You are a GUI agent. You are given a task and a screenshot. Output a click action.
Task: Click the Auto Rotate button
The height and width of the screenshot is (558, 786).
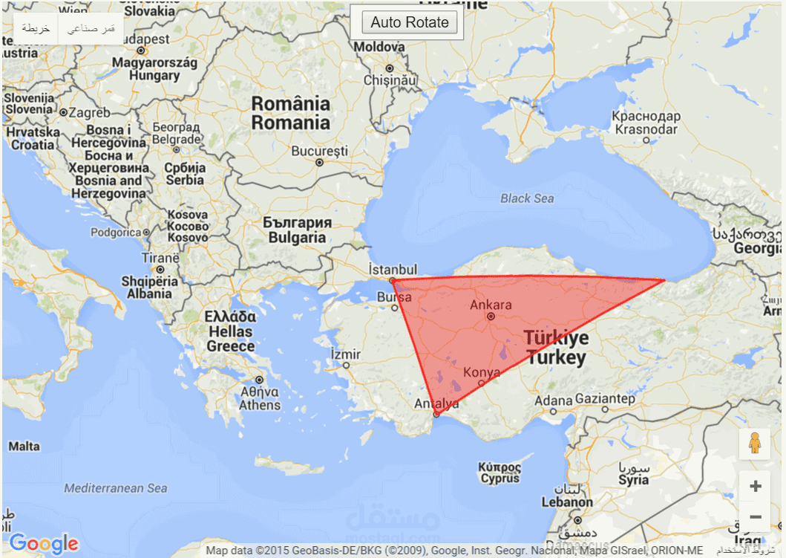click(410, 22)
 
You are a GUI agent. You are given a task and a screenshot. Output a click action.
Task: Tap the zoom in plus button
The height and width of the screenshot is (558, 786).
click(756, 487)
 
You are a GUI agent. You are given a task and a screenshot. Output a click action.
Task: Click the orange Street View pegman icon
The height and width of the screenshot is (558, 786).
click(755, 443)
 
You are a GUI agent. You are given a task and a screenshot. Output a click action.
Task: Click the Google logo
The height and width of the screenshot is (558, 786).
click(44, 544)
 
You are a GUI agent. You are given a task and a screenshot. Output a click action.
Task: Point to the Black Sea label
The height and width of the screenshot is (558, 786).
click(526, 198)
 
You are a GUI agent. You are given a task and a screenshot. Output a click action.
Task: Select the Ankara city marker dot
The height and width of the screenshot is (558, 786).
click(491, 316)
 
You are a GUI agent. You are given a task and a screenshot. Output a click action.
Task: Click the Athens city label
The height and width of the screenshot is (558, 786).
click(260, 398)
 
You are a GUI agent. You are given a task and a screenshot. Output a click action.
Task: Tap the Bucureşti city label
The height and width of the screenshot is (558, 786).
click(319, 151)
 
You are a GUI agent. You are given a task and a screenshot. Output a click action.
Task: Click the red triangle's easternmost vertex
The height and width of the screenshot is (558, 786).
click(664, 280)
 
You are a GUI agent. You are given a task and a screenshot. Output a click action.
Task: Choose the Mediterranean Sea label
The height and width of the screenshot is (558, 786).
click(115, 488)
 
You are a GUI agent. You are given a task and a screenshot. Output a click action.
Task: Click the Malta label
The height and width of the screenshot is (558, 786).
click(24, 447)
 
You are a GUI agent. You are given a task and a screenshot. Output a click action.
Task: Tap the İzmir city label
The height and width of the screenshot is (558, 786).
click(346, 354)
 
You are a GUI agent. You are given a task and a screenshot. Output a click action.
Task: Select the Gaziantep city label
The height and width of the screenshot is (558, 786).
click(605, 399)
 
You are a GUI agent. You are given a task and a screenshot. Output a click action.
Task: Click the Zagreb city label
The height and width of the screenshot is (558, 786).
click(90, 113)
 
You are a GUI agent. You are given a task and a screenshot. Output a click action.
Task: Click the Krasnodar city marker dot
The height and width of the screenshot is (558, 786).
click(646, 140)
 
